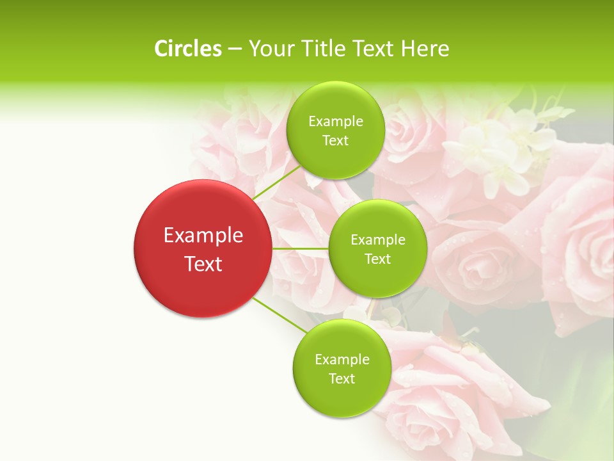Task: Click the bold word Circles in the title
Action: click(x=188, y=49)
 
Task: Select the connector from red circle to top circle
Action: click(x=276, y=182)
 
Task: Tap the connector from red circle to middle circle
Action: click(x=300, y=248)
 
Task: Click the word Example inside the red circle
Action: click(x=203, y=236)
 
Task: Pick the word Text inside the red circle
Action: click(x=203, y=264)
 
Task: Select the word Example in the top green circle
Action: click(x=336, y=122)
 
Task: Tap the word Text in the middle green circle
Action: click(x=377, y=259)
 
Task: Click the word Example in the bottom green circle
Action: click(x=342, y=360)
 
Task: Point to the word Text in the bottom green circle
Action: click(x=342, y=378)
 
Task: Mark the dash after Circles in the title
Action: click(x=234, y=49)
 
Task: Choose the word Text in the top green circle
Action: click(x=335, y=140)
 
